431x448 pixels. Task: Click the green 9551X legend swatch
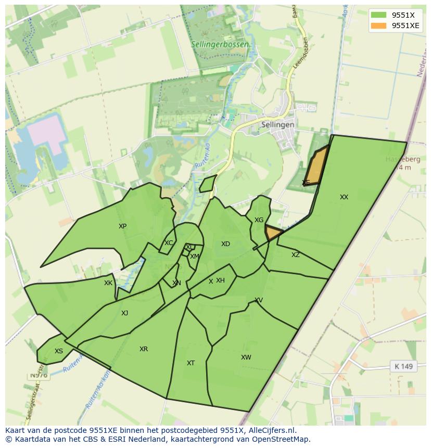pyautogui.click(x=378, y=15)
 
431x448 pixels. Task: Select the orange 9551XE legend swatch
pyautogui.click(x=378, y=25)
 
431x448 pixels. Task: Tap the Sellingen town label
pyautogui.click(x=277, y=125)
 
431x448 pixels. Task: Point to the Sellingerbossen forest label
pyautogui.click(x=219, y=45)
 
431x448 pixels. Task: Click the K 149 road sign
pyautogui.click(x=403, y=366)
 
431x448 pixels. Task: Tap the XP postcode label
pyautogui.click(x=122, y=226)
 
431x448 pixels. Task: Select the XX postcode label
pyautogui.click(x=344, y=197)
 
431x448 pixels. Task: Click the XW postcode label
pyautogui.click(x=246, y=357)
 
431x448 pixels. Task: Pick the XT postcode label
pyautogui.click(x=191, y=363)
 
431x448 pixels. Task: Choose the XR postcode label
pyautogui.click(x=144, y=349)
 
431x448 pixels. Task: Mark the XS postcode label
pyautogui.click(x=59, y=351)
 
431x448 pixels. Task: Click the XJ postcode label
pyautogui.click(x=124, y=313)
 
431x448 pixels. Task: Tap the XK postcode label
pyautogui.click(x=108, y=284)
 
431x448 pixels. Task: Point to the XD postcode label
pyautogui.click(x=225, y=244)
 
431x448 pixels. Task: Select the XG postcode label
pyautogui.click(x=259, y=220)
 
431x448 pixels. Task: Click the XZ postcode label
pyautogui.click(x=296, y=255)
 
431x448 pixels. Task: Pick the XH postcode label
pyautogui.click(x=220, y=280)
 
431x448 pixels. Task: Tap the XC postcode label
pyautogui.click(x=169, y=243)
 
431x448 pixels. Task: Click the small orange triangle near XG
pyautogui.click(x=272, y=233)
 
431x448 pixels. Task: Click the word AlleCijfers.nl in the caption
pyautogui.click(x=271, y=430)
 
